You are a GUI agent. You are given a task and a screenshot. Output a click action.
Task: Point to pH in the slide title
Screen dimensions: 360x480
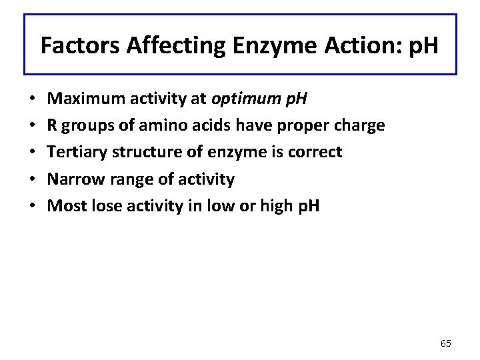coord(422,46)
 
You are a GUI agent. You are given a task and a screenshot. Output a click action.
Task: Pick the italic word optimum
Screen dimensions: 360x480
coord(243,99)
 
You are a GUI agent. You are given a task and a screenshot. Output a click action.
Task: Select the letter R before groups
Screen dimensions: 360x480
coord(53,125)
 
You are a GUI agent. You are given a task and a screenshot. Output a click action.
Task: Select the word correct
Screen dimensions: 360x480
coord(315,152)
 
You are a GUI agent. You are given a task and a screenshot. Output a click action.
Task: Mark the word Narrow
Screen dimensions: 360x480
coord(73,179)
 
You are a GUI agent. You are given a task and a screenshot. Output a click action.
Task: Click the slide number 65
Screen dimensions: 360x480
coord(446,343)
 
